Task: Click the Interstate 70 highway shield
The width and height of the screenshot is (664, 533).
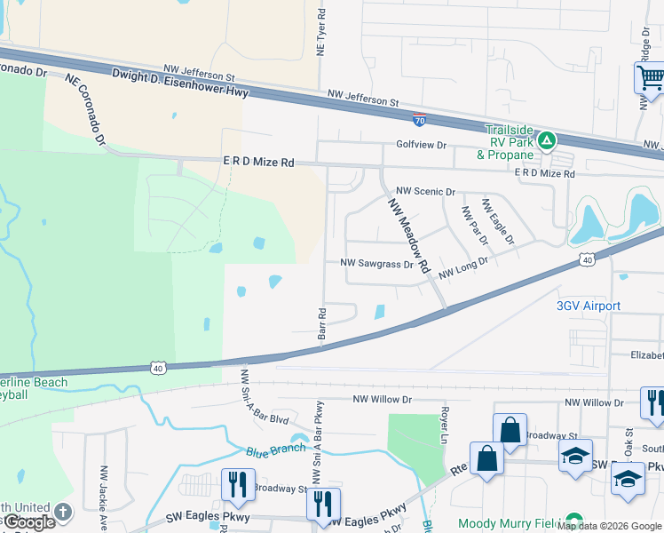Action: point(417,117)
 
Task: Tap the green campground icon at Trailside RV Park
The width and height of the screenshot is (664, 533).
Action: point(549,139)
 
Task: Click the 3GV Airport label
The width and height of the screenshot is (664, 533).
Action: point(588,306)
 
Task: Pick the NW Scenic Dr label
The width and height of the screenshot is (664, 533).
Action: point(425,191)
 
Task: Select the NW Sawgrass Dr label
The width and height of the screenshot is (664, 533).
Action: point(377,264)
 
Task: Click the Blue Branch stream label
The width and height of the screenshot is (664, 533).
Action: point(276,449)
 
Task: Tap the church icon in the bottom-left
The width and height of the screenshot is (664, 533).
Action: point(62,512)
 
